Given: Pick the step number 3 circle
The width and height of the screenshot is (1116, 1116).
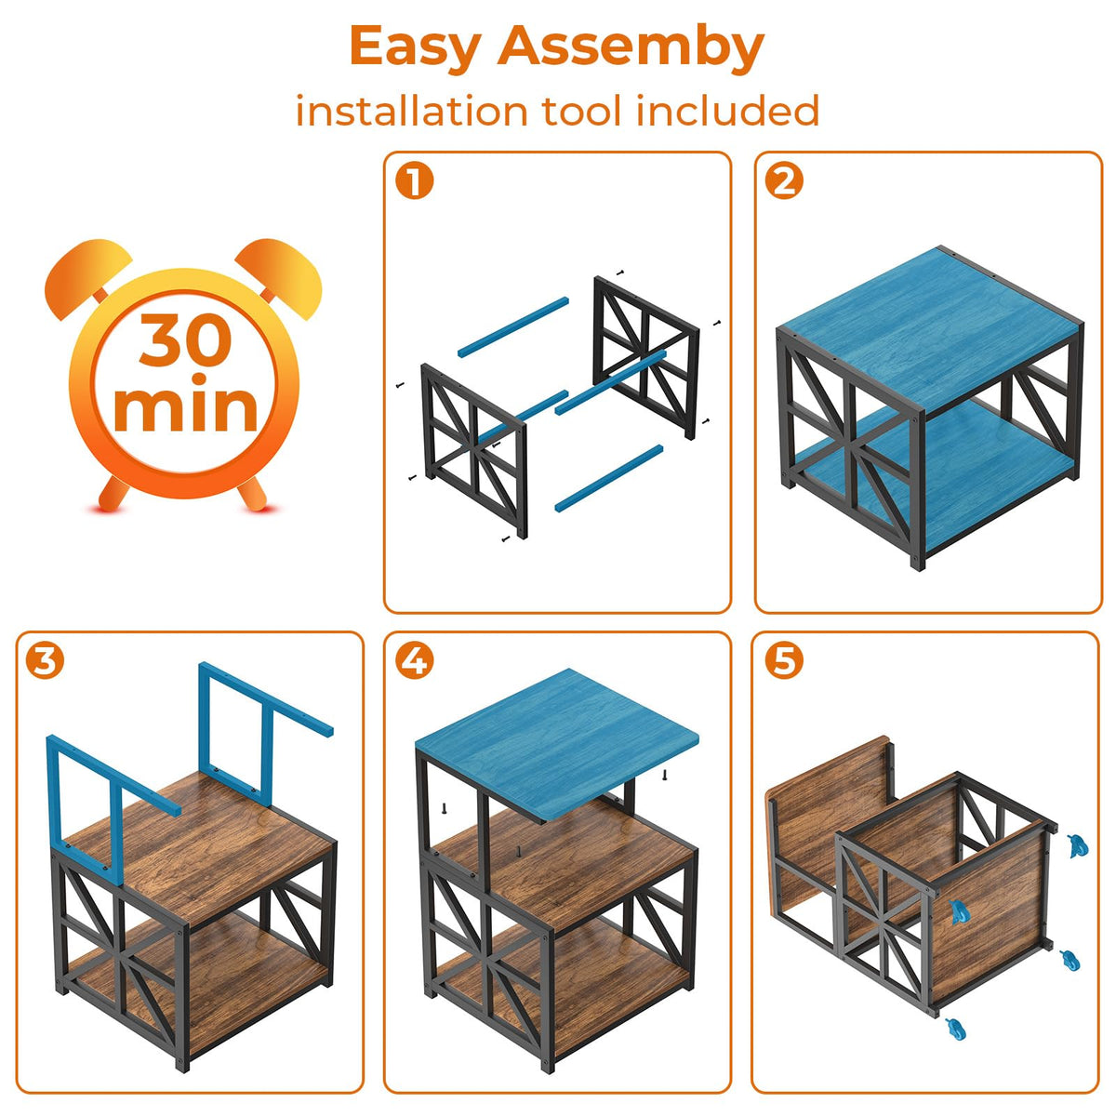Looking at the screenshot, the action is (45, 661).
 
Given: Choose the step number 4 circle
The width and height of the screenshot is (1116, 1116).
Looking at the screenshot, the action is (415, 661).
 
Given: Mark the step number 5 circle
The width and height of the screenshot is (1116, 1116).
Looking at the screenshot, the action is (784, 661).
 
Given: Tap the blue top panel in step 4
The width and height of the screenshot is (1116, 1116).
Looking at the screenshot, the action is (557, 743).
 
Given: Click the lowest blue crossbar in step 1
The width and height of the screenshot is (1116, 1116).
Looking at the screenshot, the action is (608, 478).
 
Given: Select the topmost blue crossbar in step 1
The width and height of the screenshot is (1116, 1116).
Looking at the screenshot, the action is (513, 326).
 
